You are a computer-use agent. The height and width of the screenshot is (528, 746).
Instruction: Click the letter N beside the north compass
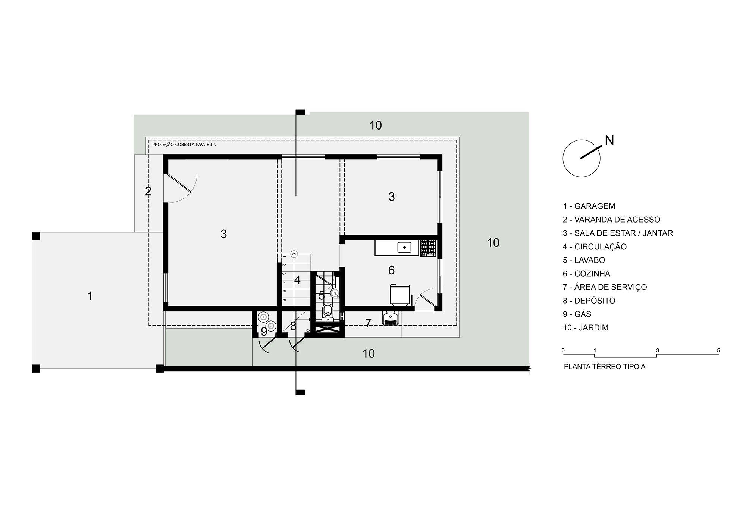click(x=609, y=140)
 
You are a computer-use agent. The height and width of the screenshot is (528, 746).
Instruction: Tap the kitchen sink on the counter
click(x=404, y=247)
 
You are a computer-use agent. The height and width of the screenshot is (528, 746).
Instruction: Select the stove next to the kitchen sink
click(x=428, y=248)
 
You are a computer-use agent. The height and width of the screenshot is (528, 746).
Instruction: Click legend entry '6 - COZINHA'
click(x=586, y=274)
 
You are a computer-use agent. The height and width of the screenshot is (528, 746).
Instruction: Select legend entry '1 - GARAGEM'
click(x=589, y=206)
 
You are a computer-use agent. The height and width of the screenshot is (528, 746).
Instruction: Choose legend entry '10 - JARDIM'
click(x=586, y=328)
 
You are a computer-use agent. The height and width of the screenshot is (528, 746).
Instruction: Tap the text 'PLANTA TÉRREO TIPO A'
click(x=605, y=367)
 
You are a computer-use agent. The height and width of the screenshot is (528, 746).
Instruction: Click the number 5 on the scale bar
click(x=718, y=351)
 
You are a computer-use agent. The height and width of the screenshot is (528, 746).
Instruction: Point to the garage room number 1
click(x=90, y=296)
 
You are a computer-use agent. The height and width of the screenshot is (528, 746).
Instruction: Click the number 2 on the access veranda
click(x=148, y=192)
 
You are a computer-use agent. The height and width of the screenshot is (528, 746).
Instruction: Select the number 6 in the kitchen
click(x=391, y=270)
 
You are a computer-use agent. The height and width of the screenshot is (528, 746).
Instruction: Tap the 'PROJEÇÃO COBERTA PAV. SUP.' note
click(x=184, y=144)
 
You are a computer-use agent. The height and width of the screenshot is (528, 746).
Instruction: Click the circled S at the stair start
click(x=294, y=254)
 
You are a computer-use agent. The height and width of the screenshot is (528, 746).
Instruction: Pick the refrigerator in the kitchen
click(x=400, y=295)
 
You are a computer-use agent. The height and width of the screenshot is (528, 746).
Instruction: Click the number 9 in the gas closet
click(x=264, y=332)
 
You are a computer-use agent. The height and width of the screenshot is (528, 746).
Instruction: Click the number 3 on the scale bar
click(x=658, y=351)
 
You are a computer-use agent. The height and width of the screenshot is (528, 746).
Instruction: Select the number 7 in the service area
click(x=368, y=323)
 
